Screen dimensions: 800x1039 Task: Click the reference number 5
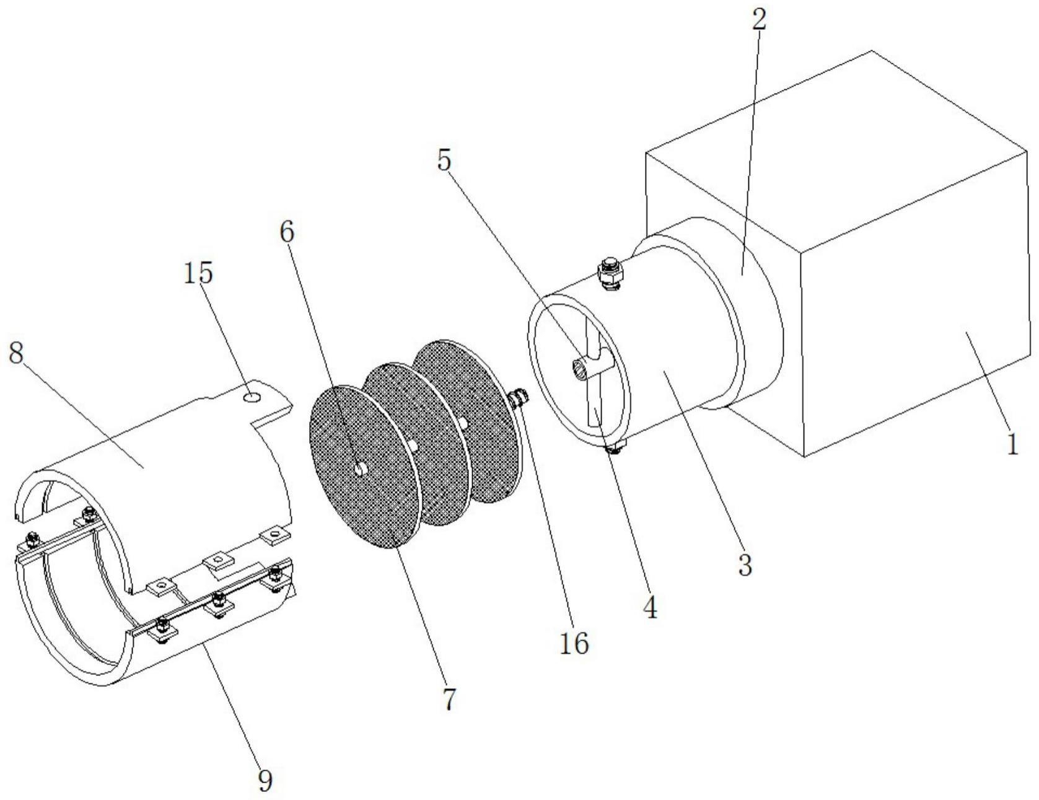(x=444, y=161)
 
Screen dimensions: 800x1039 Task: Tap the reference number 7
(x=449, y=699)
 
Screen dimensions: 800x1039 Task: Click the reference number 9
(x=265, y=781)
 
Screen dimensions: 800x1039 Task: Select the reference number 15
(x=198, y=272)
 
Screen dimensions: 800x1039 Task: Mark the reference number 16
(x=574, y=644)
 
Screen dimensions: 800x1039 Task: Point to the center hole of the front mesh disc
(x=360, y=470)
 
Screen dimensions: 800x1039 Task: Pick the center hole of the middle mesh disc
(x=413, y=445)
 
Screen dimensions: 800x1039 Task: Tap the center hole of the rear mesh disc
(x=463, y=422)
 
